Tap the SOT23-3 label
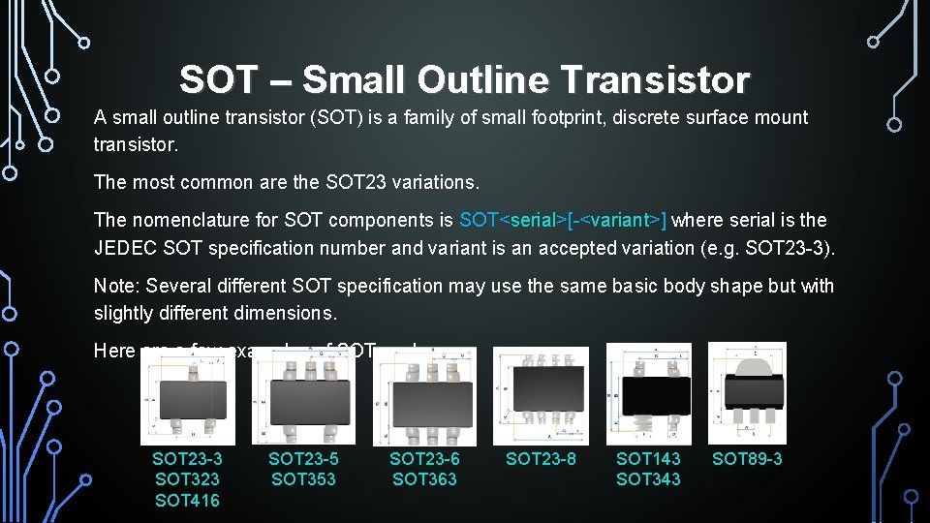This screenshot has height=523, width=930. (187, 458)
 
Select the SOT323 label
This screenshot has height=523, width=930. (187, 479)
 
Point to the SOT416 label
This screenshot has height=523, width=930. (187, 501)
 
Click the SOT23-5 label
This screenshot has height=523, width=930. (303, 458)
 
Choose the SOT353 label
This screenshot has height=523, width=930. (303, 479)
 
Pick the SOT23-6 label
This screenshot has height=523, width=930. (424, 458)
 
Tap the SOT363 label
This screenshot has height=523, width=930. (424, 479)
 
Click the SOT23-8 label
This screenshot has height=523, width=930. (541, 458)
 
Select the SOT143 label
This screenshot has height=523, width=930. (648, 458)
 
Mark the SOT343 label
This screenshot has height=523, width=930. (648, 479)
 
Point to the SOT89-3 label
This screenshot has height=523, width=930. (747, 458)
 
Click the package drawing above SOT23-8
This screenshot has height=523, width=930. (540, 395)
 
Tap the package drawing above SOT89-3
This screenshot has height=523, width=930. (747, 392)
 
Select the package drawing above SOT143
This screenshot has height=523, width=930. (649, 395)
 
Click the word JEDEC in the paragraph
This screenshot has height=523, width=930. (126, 248)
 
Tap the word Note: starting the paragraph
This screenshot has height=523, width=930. (115, 286)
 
